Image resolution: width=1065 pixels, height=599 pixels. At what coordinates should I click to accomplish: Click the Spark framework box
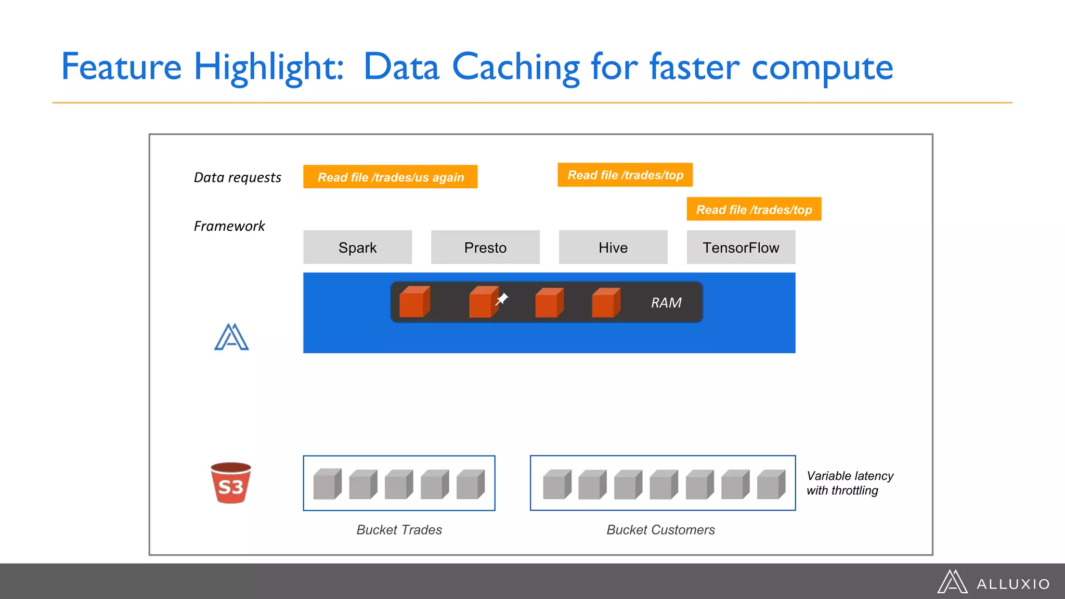click(x=357, y=248)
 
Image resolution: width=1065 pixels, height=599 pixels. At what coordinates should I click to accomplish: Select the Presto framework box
click(x=485, y=248)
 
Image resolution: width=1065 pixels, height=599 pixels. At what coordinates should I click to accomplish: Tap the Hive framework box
click(x=613, y=248)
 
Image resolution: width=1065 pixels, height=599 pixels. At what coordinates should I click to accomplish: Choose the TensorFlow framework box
click(x=741, y=248)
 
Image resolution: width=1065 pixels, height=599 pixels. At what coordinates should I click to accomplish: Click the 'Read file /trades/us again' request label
click(x=390, y=177)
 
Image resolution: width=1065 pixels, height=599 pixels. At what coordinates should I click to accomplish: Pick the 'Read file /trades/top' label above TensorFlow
click(x=754, y=210)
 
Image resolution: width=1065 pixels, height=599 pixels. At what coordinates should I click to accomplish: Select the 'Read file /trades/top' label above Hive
click(x=625, y=175)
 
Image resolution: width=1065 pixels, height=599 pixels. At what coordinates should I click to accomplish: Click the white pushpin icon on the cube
click(x=502, y=299)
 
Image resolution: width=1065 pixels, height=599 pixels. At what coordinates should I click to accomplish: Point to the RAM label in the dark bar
click(x=666, y=303)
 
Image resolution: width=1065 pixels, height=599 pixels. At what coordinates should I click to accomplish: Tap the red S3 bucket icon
click(x=231, y=483)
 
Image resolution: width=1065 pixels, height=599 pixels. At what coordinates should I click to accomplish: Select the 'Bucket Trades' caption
click(x=399, y=530)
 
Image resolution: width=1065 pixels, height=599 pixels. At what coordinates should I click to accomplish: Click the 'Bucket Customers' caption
click(x=660, y=530)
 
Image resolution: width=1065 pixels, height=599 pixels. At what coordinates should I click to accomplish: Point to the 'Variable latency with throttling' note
click(x=849, y=483)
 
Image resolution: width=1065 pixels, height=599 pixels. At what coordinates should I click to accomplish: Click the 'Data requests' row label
click(x=237, y=178)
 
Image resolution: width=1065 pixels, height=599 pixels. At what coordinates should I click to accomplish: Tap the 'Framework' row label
click(x=229, y=226)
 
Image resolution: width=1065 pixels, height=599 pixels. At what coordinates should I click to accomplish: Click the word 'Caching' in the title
click(x=515, y=68)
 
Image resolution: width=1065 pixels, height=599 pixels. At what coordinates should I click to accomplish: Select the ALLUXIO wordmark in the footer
click(x=1013, y=584)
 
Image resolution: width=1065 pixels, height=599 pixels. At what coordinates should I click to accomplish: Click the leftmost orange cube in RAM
click(x=414, y=302)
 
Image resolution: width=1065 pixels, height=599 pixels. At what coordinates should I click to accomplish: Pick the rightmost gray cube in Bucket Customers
click(x=771, y=484)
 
